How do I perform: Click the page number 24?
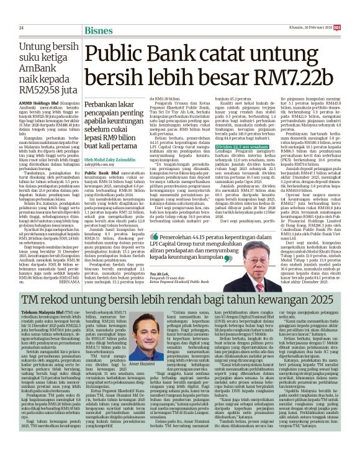click(21, 28)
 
